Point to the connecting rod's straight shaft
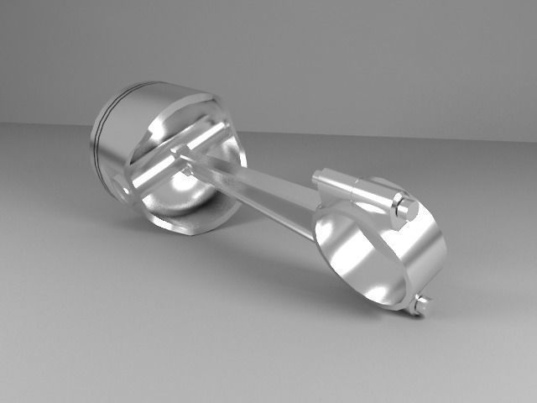click(x=252, y=186)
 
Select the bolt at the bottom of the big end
click(x=421, y=304)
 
